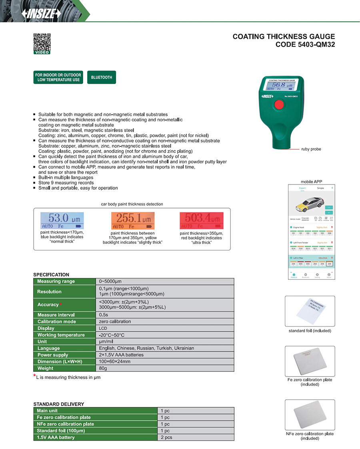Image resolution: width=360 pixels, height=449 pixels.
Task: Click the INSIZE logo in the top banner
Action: point(42,13)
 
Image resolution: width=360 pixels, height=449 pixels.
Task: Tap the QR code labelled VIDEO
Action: point(42,42)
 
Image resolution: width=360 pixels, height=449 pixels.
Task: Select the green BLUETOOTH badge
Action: point(102,77)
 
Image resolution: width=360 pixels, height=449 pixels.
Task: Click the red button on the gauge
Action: point(279,105)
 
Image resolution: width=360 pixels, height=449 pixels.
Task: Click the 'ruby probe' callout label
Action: point(311,149)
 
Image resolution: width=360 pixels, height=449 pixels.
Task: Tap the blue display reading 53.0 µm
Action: point(62,220)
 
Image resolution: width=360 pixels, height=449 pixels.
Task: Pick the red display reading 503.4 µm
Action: point(202,220)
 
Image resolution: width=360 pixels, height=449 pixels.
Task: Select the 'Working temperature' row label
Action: point(61,335)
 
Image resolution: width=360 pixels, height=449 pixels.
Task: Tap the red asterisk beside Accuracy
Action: point(60,305)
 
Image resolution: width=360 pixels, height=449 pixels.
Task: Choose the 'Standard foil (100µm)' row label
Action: point(61,431)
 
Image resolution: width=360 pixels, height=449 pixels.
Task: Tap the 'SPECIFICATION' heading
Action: point(51,275)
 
